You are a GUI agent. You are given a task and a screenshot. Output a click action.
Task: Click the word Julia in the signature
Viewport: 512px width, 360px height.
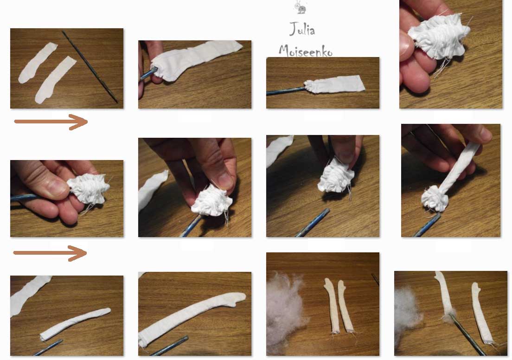coord(302,29)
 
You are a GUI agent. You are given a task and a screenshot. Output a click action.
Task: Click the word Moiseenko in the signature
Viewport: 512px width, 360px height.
coord(306,51)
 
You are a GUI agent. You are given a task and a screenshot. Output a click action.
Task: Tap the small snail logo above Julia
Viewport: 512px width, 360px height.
coord(301,7)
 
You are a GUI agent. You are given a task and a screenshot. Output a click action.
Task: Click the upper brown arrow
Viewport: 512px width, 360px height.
coord(51,122)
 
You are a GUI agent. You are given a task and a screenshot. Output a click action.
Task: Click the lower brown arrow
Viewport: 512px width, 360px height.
coord(50,253)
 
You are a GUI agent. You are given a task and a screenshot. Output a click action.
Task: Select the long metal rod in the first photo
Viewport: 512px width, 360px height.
coord(90,67)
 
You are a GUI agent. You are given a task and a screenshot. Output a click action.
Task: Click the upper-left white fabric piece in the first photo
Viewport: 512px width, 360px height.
coord(37,62)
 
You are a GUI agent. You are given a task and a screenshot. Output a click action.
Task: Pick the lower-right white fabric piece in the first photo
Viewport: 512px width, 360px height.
coord(55,80)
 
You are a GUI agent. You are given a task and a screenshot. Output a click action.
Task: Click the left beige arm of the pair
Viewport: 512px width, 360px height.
coord(333,305)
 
